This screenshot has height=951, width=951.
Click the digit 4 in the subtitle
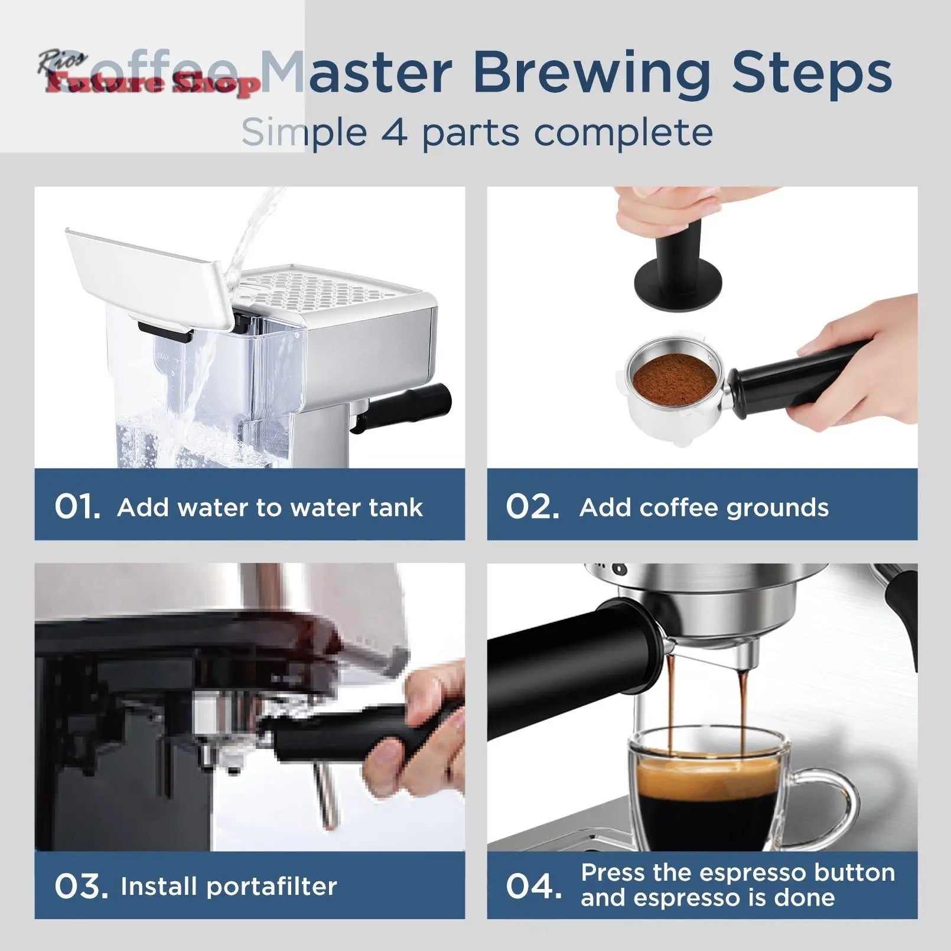395,132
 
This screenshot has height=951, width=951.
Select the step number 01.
77,507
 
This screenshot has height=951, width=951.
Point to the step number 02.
532,507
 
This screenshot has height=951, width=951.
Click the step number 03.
81,886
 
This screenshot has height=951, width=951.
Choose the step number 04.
533,886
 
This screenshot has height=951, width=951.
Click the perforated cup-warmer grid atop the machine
322,289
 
